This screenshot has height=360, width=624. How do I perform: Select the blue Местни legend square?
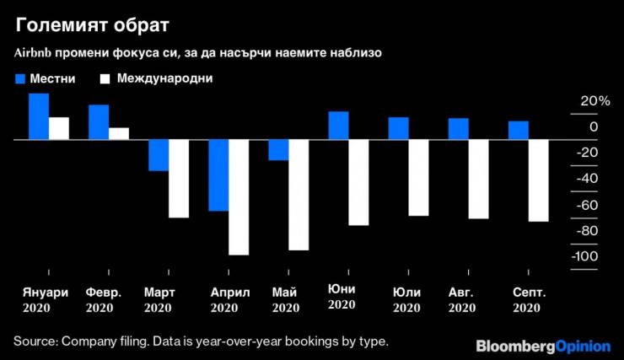(x=21, y=78)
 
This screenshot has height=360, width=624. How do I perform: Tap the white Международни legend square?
(x=105, y=78)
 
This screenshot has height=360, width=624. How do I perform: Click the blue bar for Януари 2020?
(x=39, y=116)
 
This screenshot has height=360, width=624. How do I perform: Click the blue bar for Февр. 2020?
(x=99, y=121)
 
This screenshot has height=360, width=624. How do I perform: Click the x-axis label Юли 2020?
(x=407, y=300)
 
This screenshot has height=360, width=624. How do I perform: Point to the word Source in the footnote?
(x=34, y=341)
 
